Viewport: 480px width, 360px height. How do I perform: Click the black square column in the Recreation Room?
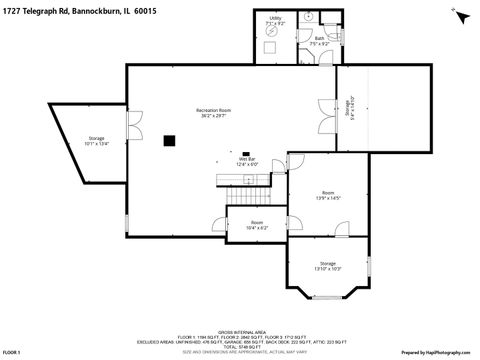pos(169,140)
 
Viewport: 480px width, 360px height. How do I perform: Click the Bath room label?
pos(319,41)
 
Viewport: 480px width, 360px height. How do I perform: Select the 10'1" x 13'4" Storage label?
pos(96,140)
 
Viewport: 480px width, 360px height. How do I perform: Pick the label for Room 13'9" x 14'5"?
pos(328,195)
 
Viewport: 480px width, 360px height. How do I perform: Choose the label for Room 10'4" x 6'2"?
pos(257,225)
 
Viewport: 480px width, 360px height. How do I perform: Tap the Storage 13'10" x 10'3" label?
pos(328,265)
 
